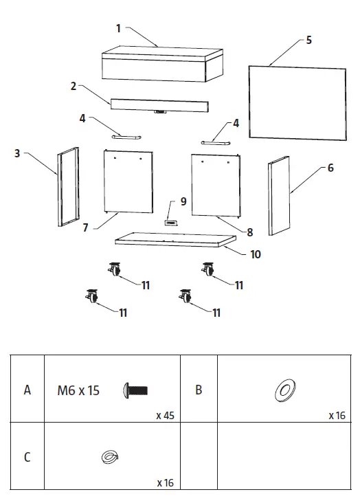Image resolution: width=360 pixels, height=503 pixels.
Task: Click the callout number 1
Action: [x=119, y=28]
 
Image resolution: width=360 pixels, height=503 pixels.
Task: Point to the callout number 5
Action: [x=308, y=40]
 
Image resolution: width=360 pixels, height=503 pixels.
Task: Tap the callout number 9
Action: [x=183, y=201]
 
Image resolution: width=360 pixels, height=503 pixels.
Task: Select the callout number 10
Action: [x=255, y=254]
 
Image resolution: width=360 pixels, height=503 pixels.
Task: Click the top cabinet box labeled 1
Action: [x=163, y=63]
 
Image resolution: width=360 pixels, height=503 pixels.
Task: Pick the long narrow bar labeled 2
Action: [x=160, y=105]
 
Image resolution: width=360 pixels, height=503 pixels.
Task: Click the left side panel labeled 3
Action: [x=68, y=187]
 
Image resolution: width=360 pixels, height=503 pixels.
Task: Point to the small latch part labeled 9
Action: [x=170, y=221]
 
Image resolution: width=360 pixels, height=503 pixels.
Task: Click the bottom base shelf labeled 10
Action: [x=175, y=239]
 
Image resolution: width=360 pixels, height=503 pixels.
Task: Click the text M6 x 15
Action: [x=78, y=391]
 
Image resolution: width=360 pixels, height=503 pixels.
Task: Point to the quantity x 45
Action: [x=164, y=416]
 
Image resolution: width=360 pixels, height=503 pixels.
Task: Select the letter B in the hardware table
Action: [x=199, y=390]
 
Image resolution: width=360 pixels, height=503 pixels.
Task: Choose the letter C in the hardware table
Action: [x=27, y=457]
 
